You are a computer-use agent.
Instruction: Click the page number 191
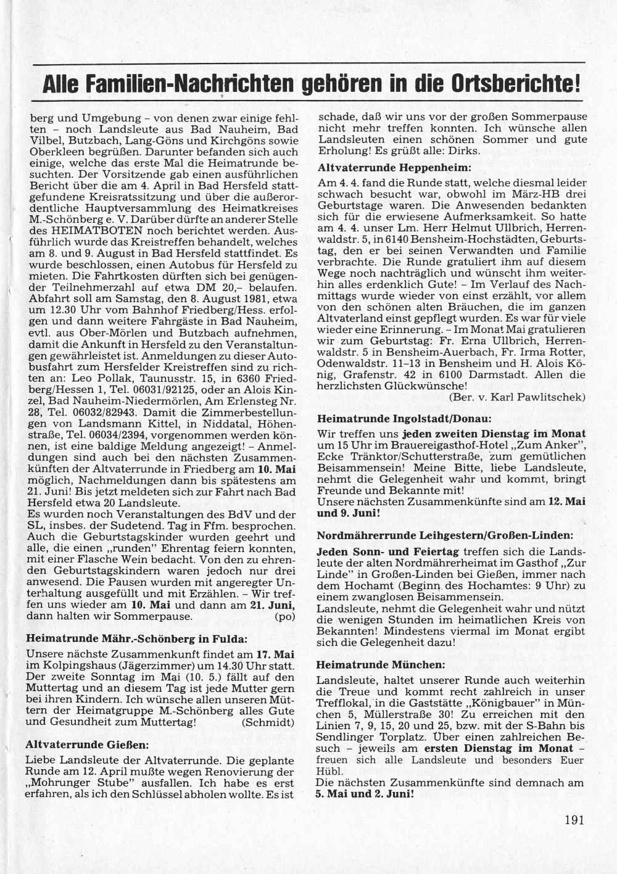coord(573,820)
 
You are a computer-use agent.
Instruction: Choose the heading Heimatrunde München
coord(381,665)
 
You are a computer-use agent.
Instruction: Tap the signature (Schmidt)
coord(268,722)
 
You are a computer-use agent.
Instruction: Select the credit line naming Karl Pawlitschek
coord(517,397)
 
